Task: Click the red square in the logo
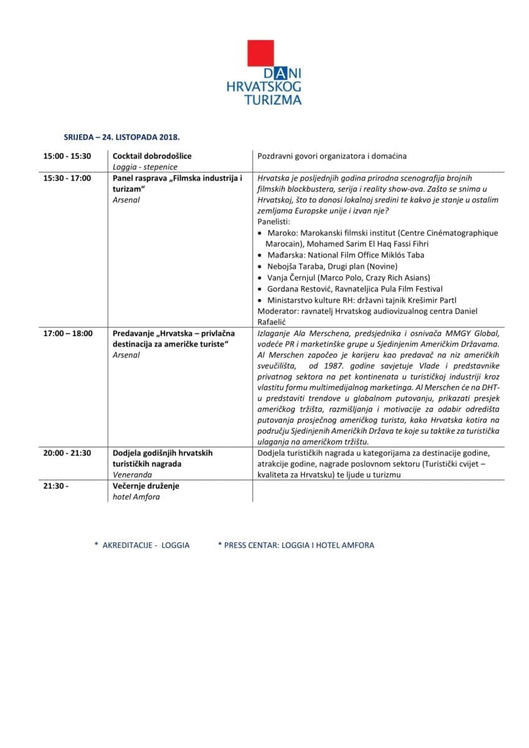(261, 53)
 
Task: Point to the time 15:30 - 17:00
(67, 178)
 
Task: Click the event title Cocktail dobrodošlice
(152, 156)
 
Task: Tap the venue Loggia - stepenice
(145, 167)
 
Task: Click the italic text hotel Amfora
(136, 497)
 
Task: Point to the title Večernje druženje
(146, 486)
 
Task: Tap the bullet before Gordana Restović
(260, 289)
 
